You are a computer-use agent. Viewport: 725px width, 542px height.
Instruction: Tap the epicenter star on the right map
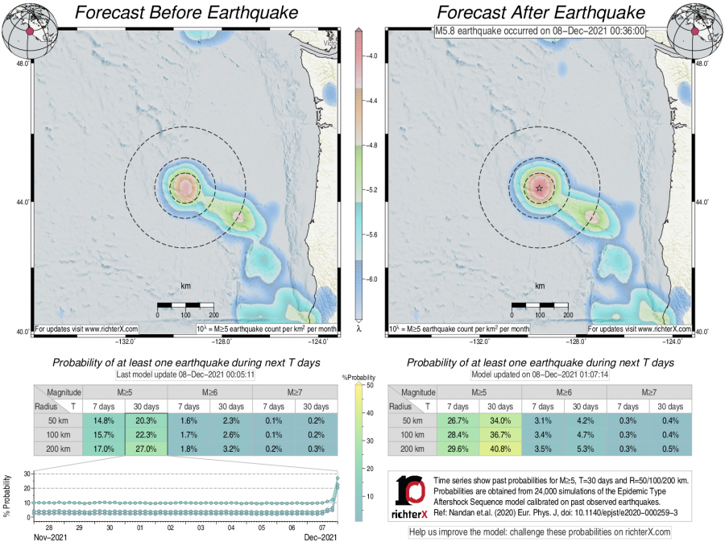tap(539, 188)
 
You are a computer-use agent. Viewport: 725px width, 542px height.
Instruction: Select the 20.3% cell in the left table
tap(146, 421)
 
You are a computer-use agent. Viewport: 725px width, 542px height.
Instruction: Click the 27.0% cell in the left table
tap(146, 449)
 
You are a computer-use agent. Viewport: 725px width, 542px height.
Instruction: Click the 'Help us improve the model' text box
tap(540, 532)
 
